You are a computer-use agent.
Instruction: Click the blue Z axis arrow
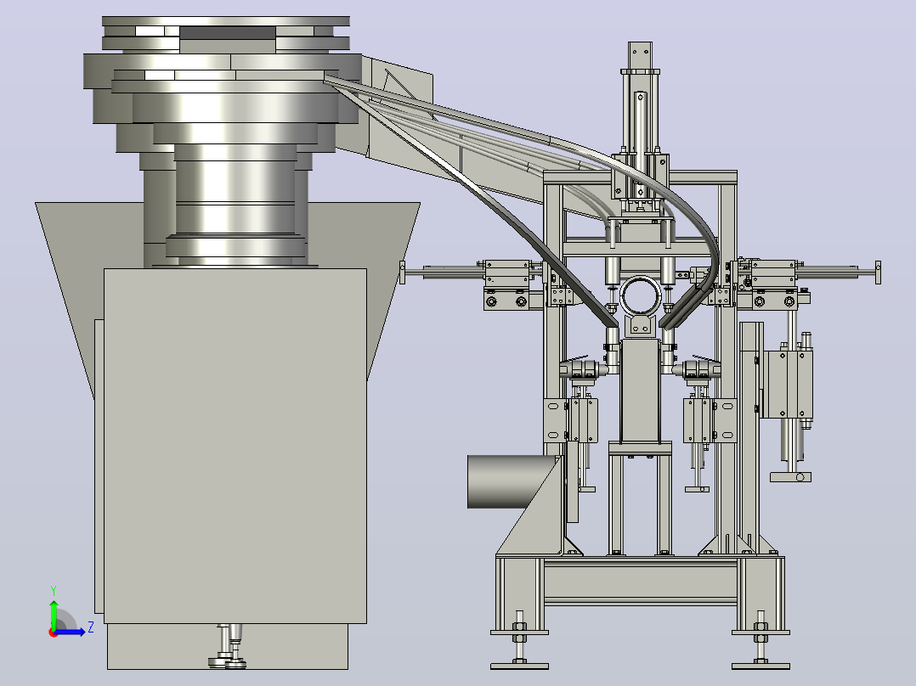[70, 632]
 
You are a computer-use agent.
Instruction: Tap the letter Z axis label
[91, 627]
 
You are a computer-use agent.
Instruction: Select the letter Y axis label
[54, 590]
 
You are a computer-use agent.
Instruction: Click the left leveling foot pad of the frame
[519, 666]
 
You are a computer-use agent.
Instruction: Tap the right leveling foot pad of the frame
[761, 666]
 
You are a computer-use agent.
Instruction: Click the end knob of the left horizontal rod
[403, 273]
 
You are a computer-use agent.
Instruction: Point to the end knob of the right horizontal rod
[878, 273]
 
